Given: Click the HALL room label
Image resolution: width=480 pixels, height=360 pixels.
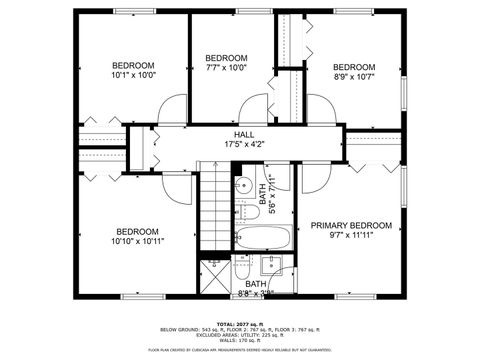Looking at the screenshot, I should point(244,134).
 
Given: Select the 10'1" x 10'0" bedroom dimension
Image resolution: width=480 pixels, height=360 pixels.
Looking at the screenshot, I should point(134,74).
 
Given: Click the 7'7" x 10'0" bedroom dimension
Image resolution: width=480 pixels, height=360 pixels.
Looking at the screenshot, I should point(226,68).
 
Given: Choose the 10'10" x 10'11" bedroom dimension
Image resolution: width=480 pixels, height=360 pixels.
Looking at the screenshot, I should point(137,241).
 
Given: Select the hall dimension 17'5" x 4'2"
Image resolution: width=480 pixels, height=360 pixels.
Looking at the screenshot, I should point(244,144).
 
